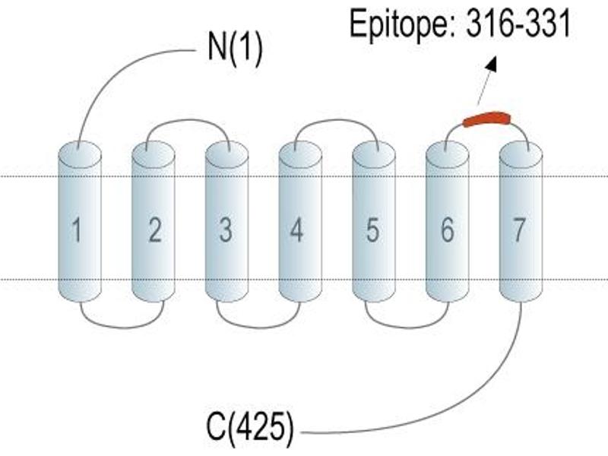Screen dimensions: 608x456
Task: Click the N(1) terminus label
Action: pos(235,49)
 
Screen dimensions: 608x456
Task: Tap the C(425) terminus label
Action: pos(250,428)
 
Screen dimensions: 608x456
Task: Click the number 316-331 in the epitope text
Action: pos(518,24)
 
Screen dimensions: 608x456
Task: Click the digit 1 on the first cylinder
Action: pos(77,230)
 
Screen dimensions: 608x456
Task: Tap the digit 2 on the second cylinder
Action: pos(155,230)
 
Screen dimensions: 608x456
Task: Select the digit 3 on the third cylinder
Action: pos(226,230)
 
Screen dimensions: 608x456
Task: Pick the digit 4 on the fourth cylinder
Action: pos(296,230)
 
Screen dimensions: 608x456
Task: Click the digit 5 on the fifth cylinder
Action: pos(372,230)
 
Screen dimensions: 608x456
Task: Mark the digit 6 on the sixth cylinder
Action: pos(447,230)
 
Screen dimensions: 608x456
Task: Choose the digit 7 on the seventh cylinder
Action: pos(519,230)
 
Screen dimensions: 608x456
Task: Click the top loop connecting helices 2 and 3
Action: pos(188,120)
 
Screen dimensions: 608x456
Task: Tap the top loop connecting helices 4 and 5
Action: pos(337,120)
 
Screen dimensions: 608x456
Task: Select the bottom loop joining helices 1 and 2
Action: pos(122,328)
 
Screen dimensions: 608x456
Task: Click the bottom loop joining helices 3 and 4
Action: pos(258,328)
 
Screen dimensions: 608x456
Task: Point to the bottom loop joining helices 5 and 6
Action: pos(407,328)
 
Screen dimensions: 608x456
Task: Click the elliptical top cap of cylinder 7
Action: pos(521,154)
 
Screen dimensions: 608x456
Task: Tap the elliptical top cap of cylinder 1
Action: pos(80,154)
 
